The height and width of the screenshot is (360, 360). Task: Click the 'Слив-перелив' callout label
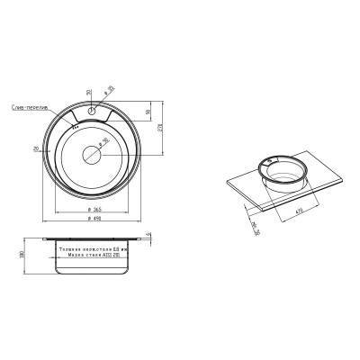tap(33, 107)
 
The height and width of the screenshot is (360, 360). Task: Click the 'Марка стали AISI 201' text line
tap(92, 255)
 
